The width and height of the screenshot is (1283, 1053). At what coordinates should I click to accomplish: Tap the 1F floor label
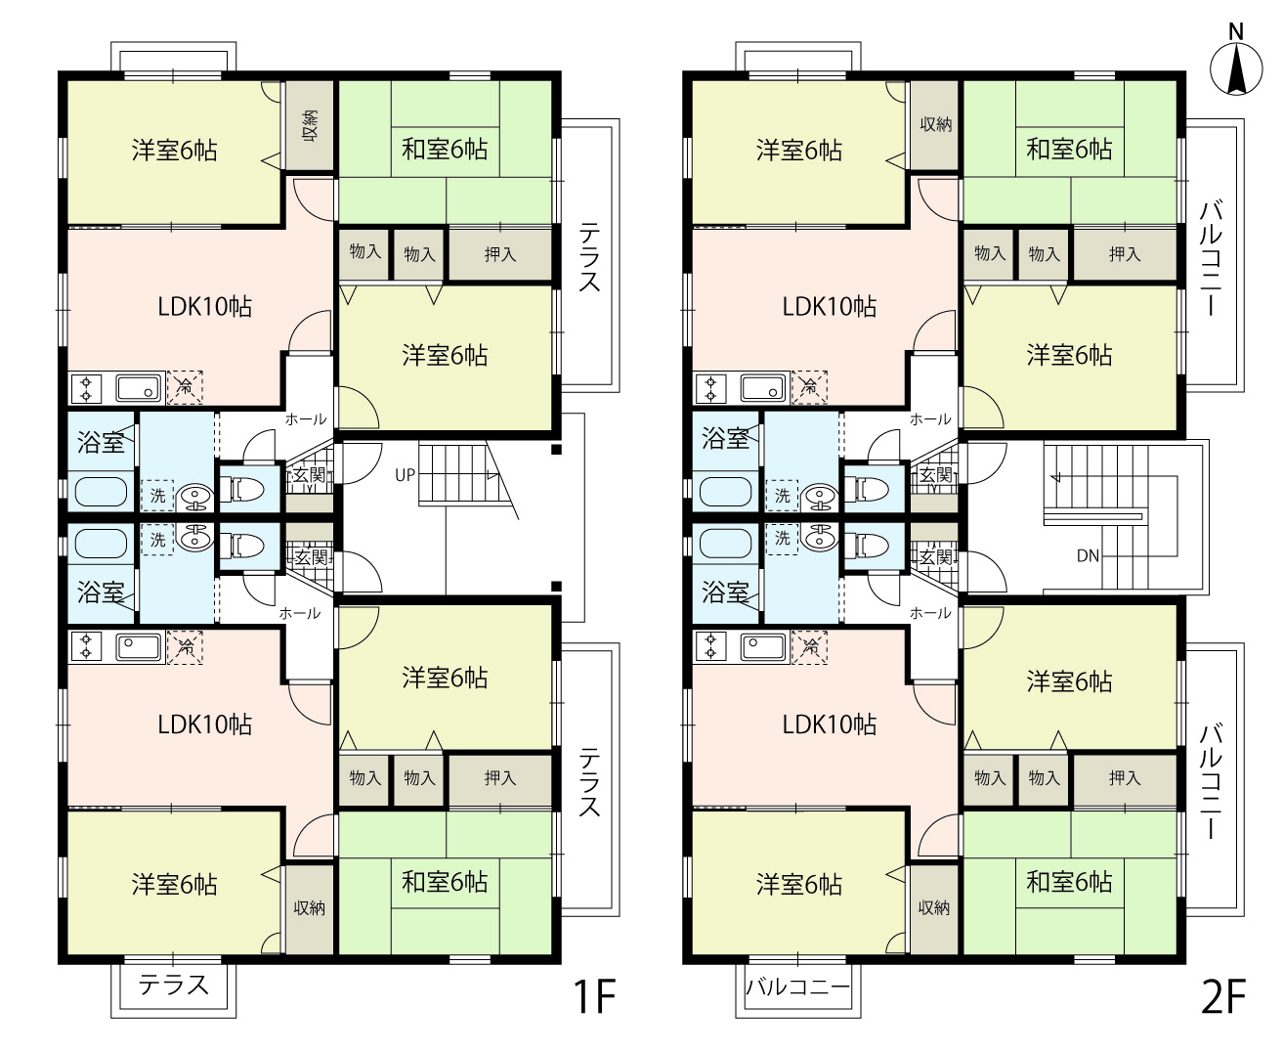pyautogui.click(x=594, y=996)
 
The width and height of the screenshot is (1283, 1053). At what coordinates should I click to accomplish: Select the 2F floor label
pyautogui.click(x=1223, y=996)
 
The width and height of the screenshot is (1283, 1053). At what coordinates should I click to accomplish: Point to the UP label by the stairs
pyautogui.click(x=406, y=475)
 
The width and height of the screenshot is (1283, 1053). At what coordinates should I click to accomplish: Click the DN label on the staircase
pyautogui.click(x=1088, y=555)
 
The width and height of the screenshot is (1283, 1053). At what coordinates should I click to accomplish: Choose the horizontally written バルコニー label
pyautogui.click(x=797, y=987)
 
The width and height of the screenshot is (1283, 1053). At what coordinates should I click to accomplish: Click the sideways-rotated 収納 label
pyautogui.click(x=310, y=126)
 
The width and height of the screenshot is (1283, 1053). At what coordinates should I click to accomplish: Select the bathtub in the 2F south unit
pyautogui.click(x=726, y=543)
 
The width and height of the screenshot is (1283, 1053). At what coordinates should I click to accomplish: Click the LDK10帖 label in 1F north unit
pyautogui.click(x=204, y=306)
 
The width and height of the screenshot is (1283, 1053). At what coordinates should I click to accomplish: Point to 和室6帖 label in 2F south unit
pyautogui.click(x=1069, y=881)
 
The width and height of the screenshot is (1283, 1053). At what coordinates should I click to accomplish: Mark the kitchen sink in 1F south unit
pyautogui.click(x=140, y=647)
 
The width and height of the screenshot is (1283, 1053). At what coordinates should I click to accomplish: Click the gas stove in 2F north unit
pyautogui.click(x=710, y=388)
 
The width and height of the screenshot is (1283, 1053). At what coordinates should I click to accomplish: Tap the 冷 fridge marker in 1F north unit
pyautogui.click(x=185, y=387)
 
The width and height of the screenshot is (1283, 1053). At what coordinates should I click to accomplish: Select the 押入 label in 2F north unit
pyautogui.click(x=1125, y=254)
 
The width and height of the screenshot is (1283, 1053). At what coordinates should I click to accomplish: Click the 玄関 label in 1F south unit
pyautogui.click(x=311, y=557)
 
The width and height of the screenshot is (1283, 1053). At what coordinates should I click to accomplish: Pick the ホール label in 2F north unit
pyautogui.click(x=930, y=419)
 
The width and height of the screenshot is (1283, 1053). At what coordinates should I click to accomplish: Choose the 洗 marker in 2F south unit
pyautogui.click(x=783, y=538)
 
